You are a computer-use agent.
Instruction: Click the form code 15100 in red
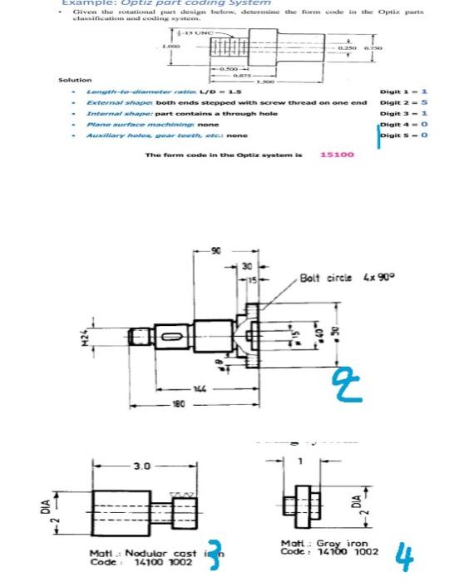click(x=337, y=155)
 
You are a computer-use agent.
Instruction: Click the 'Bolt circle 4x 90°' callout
click(x=338, y=277)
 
